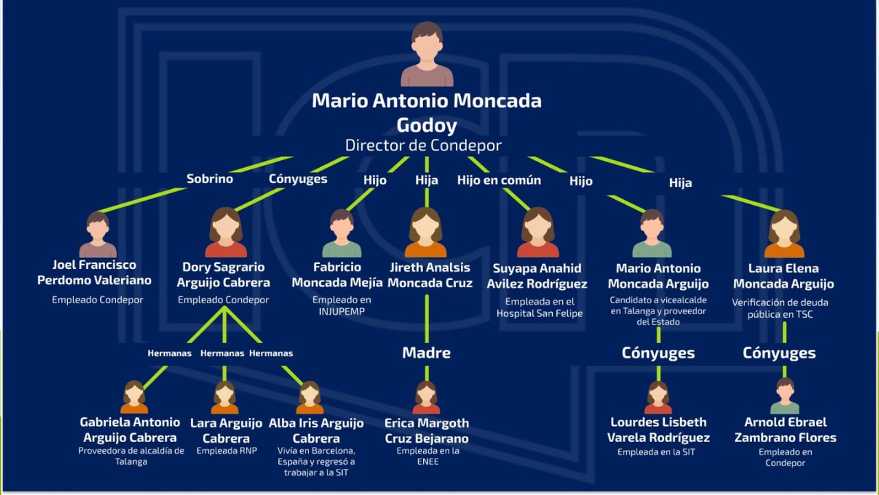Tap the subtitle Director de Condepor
click(x=423, y=145)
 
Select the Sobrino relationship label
click(x=209, y=179)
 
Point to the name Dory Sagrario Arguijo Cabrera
click(x=223, y=274)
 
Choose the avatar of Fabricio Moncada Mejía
click(x=341, y=234)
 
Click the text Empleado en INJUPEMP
click(x=341, y=306)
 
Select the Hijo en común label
click(x=499, y=180)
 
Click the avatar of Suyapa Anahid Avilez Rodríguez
click(x=538, y=232)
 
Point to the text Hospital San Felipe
click(x=540, y=313)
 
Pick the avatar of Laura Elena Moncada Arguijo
click(x=784, y=234)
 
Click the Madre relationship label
click(x=426, y=353)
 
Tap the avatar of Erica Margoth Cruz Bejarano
click(x=426, y=397)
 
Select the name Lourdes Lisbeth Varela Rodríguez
click(x=659, y=430)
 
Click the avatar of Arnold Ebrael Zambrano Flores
click(x=785, y=396)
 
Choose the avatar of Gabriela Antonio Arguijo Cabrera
click(x=134, y=397)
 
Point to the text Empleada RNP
click(x=225, y=451)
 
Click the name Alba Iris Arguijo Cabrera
click(x=317, y=430)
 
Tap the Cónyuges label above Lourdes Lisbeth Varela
click(x=658, y=353)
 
